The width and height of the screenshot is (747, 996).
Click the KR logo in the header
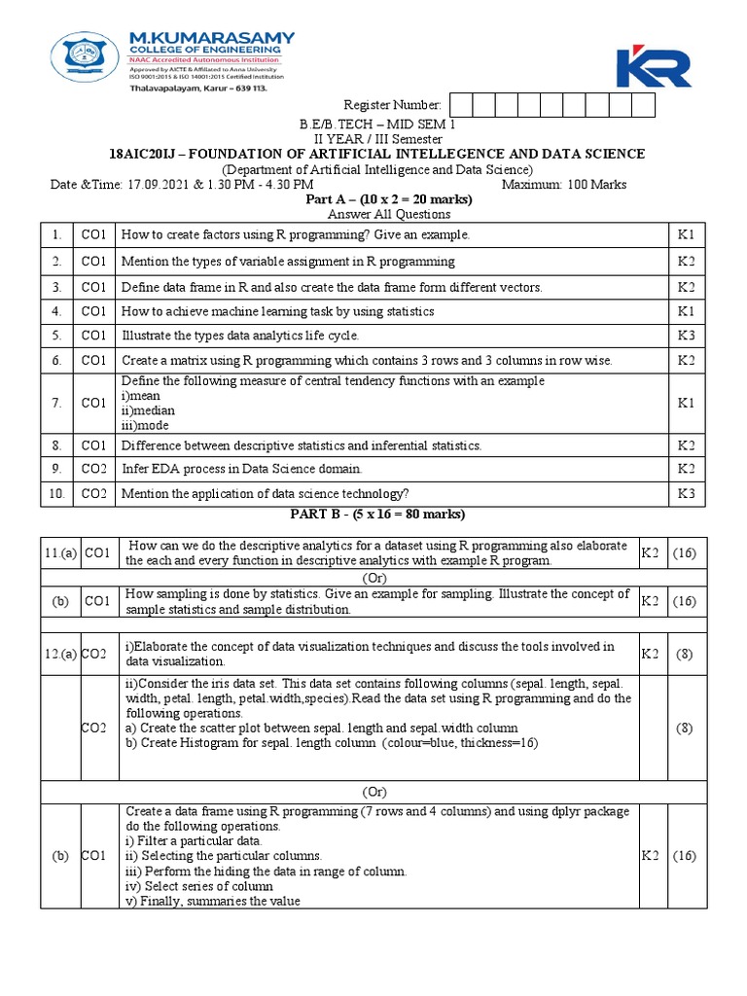(x=653, y=66)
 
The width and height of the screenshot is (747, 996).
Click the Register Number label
(x=392, y=105)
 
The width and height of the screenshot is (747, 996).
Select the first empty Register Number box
(x=460, y=105)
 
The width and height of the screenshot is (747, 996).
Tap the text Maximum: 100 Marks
(x=564, y=185)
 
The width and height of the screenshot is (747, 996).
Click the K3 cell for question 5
(x=686, y=336)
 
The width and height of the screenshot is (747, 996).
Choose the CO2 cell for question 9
(x=93, y=469)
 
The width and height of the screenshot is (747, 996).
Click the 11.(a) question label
(x=59, y=553)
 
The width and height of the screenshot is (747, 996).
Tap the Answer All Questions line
(x=375, y=214)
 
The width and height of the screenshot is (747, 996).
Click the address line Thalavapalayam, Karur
(x=197, y=86)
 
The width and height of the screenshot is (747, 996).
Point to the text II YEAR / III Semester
(x=375, y=139)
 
